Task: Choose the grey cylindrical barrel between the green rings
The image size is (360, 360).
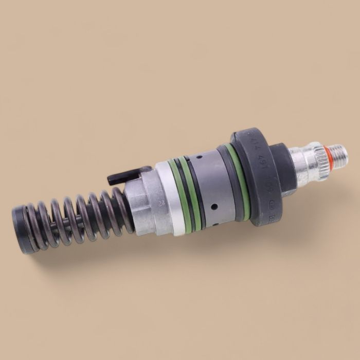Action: (x=211, y=185)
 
